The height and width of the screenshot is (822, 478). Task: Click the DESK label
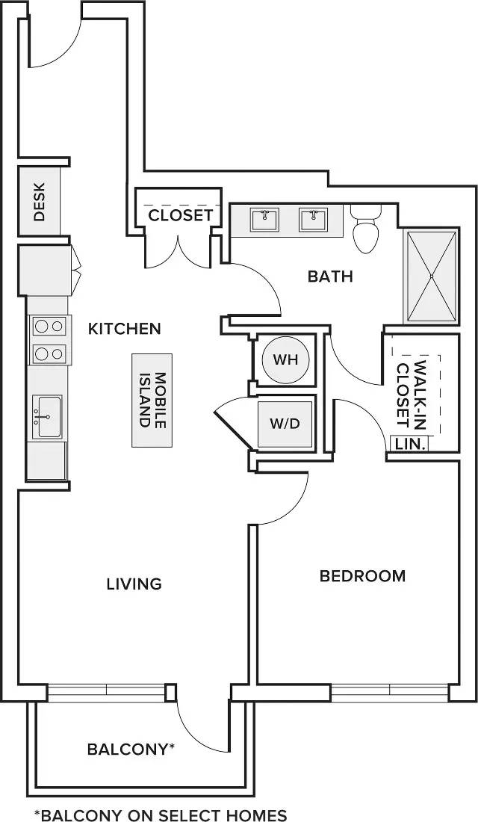coord(40,201)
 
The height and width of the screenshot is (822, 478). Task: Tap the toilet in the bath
coord(367,229)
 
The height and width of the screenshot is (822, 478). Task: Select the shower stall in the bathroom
coord(432,276)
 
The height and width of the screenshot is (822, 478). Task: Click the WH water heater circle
coord(285,360)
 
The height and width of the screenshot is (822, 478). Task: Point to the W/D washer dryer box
coord(286,424)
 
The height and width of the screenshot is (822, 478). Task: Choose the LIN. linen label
coord(409,444)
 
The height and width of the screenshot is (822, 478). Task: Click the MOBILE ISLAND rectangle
coord(152,400)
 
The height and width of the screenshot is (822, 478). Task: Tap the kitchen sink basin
coord(48,416)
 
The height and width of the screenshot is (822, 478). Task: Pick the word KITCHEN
coord(124,329)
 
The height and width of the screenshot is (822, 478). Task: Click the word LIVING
coord(134,584)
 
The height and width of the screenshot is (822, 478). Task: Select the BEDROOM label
coord(363,576)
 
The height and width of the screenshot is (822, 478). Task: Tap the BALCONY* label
coord(131,749)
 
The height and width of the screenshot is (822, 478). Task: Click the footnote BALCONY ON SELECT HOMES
coord(161,815)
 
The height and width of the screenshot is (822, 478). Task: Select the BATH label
coord(331,276)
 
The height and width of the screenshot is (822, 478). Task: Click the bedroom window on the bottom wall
coord(390,693)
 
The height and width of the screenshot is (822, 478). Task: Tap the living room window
coord(106,693)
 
